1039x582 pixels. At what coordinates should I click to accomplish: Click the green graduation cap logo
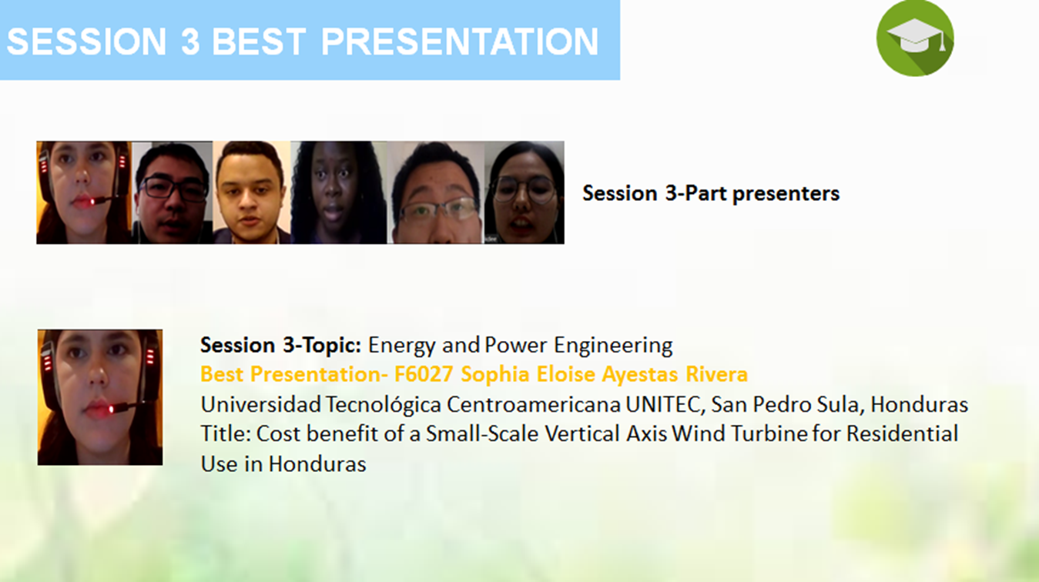[915, 38]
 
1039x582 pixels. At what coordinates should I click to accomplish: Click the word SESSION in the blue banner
[87, 42]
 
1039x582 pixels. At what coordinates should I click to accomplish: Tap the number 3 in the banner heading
[190, 42]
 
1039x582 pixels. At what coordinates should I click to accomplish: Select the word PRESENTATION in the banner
[460, 42]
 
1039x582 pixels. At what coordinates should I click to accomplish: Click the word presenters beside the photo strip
[786, 194]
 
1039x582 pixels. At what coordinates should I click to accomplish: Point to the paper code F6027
[424, 374]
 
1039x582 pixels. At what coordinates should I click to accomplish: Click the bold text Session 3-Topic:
[280, 345]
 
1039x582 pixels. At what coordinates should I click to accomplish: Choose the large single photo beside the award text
[100, 397]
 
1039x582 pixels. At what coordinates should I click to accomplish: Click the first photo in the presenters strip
[84, 192]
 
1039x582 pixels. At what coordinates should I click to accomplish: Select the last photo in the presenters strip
[525, 192]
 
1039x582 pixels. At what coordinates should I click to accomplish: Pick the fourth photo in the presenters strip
[339, 192]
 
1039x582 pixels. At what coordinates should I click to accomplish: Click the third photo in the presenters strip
[251, 192]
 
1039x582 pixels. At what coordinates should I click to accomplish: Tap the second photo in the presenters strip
[172, 192]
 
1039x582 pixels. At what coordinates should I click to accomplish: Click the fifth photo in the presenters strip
[435, 192]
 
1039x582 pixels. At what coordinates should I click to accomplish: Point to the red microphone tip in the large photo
[112, 409]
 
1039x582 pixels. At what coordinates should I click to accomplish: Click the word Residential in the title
[902, 434]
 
